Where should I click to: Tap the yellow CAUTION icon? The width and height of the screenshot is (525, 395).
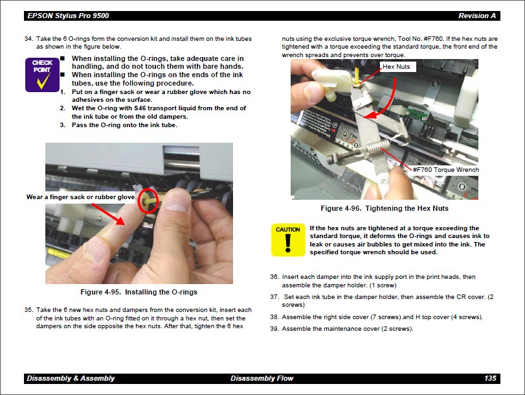[287, 239]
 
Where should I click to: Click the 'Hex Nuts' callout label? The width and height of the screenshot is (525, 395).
[396, 66]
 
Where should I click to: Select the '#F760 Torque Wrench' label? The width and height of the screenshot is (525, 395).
[445, 170]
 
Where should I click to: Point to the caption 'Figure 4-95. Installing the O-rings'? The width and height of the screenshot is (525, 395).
[139, 292]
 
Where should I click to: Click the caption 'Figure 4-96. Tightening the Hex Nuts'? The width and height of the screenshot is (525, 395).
[385, 208]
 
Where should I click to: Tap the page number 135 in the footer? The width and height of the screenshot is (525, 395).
[490, 378]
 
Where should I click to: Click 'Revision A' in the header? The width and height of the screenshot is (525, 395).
[477, 16]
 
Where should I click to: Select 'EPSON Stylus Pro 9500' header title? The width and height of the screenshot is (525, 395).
[67, 16]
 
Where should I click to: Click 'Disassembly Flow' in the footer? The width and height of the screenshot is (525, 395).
[262, 378]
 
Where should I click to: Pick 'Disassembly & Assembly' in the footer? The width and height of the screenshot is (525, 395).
[71, 378]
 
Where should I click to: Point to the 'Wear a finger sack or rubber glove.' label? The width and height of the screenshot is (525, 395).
[81, 197]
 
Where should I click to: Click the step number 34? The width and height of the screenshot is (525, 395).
[28, 39]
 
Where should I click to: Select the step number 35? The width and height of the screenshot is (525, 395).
[28, 309]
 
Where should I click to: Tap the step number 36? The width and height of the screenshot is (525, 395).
[274, 277]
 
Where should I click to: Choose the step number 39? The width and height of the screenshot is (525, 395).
[274, 329]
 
